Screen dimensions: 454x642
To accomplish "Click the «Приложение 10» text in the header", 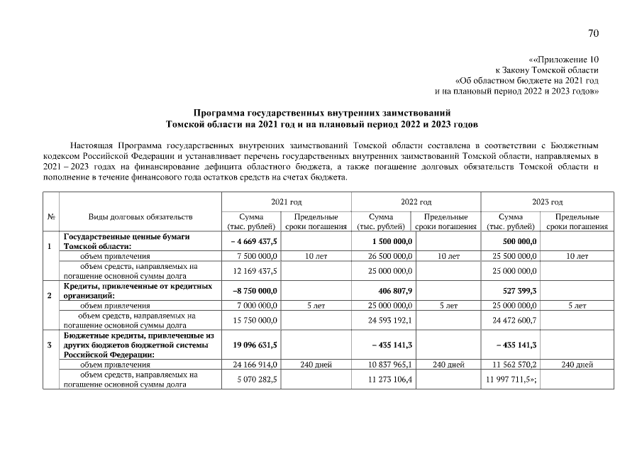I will point(565,60).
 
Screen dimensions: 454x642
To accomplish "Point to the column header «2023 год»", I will point(547,202).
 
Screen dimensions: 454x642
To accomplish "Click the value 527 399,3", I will point(519,291).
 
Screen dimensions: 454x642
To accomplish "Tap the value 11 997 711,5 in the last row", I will point(510,380).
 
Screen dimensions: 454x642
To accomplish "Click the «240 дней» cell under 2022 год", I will point(448,365).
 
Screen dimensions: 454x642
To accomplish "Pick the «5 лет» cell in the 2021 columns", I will point(316,305).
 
